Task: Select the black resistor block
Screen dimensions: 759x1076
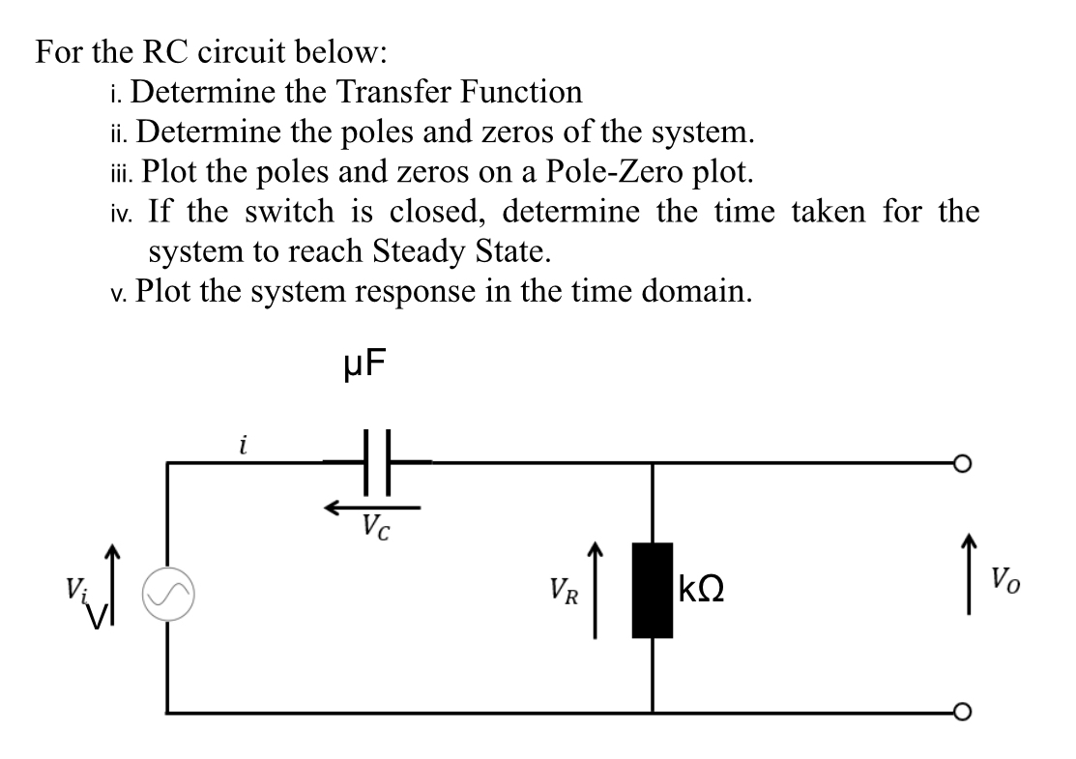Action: [654, 591]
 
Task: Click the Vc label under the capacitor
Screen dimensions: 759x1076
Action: [375, 528]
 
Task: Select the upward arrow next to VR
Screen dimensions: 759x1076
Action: [596, 590]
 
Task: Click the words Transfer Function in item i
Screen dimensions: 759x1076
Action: [459, 92]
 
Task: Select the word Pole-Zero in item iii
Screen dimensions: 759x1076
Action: [620, 172]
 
